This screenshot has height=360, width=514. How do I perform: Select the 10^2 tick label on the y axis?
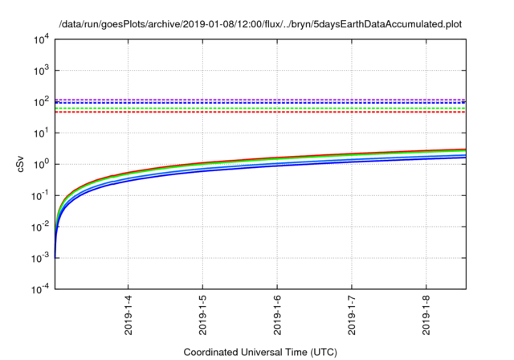click(x=42, y=102)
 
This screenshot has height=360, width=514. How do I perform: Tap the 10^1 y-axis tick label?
click(x=42, y=133)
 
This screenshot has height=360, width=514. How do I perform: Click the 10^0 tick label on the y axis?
click(x=42, y=165)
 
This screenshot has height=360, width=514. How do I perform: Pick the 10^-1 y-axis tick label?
click(x=41, y=195)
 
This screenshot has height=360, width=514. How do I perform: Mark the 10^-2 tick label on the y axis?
click(x=41, y=227)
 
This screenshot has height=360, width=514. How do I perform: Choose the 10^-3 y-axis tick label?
click(x=41, y=258)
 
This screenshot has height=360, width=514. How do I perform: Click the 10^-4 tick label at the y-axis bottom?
click(x=41, y=288)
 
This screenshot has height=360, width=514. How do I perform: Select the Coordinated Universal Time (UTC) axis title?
click(x=259, y=352)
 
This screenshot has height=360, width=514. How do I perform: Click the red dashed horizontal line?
click(x=259, y=112)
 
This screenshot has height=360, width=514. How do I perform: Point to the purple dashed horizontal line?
click(x=259, y=100)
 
